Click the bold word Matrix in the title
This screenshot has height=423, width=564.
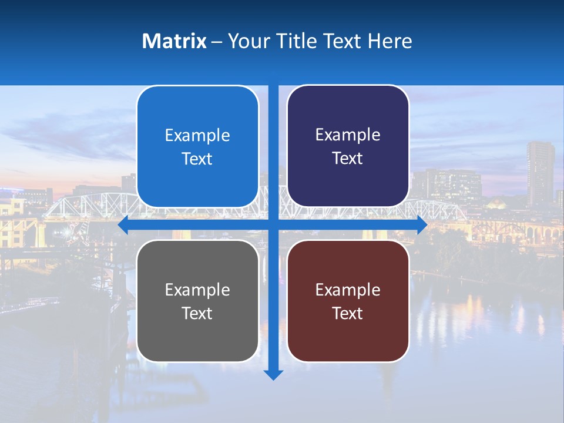(174, 41)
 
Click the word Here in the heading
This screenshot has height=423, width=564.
(390, 41)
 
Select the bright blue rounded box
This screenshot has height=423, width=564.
(197, 147)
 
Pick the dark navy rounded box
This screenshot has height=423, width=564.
(348, 146)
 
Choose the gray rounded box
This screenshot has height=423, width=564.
(197, 301)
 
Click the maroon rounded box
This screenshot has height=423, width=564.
(348, 301)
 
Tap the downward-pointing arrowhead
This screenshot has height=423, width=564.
(273, 374)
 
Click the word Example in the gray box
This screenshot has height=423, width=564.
(197, 290)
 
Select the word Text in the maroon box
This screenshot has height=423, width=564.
(348, 313)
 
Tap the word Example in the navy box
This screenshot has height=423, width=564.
(348, 135)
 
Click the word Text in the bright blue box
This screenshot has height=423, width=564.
(197, 159)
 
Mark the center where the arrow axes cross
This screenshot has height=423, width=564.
(273, 225)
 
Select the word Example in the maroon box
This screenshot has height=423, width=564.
(348, 290)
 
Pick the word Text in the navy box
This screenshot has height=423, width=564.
(348, 159)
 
